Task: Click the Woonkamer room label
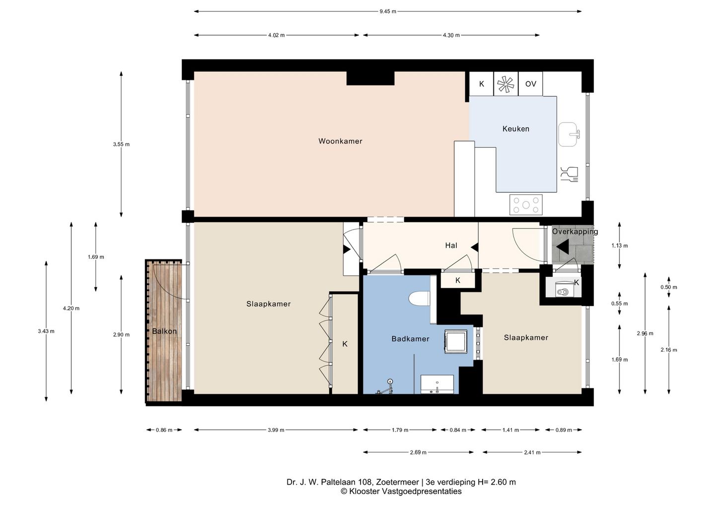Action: click(340, 141)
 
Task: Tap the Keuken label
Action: click(516, 129)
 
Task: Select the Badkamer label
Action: click(410, 339)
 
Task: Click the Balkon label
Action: click(164, 331)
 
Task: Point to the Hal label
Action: click(451, 245)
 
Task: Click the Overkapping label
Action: click(575, 232)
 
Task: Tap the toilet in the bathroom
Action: click(419, 299)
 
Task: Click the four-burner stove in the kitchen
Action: click(526, 205)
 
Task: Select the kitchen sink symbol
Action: click(569, 134)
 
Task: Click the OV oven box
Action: click(530, 83)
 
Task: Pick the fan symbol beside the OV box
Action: click(506, 84)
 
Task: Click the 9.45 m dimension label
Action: click(388, 11)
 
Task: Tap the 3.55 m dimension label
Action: click(121, 144)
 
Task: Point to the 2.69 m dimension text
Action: click(418, 452)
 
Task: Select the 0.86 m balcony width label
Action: click(164, 430)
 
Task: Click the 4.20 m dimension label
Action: click(71, 308)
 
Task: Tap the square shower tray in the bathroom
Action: click(455, 341)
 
